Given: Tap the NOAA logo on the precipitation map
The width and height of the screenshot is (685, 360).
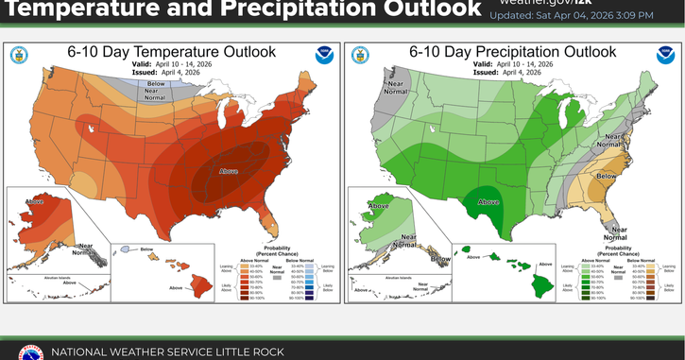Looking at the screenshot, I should click(x=665, y=54).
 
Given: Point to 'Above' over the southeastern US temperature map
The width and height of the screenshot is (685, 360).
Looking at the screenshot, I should click(x=228, y=173).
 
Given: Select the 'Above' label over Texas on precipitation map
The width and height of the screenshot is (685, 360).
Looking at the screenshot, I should click(x=488, y=201).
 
